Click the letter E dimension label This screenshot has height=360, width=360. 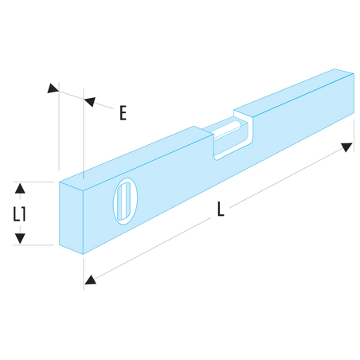click(x=123, y=113)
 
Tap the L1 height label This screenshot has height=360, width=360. click(x=20, y=214)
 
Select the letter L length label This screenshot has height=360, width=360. click(x=221, y=209)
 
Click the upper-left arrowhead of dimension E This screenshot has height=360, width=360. click(x=53, y=88)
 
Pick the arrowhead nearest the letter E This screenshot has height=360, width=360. click(x=90, y=101)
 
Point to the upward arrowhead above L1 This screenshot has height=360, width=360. click(x=20, y=188)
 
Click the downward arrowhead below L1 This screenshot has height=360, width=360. click(x=20, y=238)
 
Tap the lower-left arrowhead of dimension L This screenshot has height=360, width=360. click(x=90, y=280)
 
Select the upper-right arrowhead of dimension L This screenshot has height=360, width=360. click(x=346, y=147)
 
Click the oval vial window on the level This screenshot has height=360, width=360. click(x=125, y=202)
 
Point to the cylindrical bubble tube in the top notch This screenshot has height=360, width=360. click(x=228, y=129)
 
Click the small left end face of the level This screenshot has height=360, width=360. click(x=71, y=217)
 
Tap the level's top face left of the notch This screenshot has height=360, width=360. click(x=136, y=158)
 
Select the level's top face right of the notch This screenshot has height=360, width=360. click(x=294, y=92)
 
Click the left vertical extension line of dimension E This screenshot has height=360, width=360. click(x=59, y=126)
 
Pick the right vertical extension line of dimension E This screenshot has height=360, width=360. click(x=84, y=134)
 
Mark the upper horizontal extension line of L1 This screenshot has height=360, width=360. click(x=33, y=182)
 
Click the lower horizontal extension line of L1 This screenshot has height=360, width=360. click(x=33, y=245)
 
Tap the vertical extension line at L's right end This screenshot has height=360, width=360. click(x=354, y=135)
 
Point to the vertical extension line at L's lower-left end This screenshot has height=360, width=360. click(x=84, y=274)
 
